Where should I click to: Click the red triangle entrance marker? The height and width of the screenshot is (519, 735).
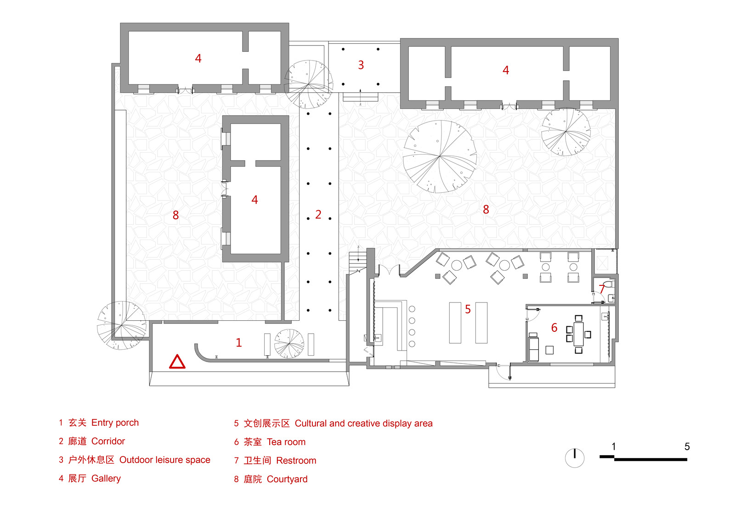tap(177, 362)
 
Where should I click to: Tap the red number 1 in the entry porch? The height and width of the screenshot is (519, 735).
tap(238, 342)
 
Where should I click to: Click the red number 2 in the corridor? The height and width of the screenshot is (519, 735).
tap(318, 214)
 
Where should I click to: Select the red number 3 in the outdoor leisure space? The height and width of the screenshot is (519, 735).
tap(361, 65)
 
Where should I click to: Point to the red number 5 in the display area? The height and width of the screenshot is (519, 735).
tap(468, 309)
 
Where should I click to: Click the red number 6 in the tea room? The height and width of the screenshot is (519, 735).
tap(554, 328)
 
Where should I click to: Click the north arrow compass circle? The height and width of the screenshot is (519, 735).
tap(574, 458)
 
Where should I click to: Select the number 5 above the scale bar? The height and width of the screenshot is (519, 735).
tap(687, 446)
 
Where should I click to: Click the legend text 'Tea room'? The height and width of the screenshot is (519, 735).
tap(286, 442)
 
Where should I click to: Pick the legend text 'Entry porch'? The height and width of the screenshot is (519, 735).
tap(115, 423)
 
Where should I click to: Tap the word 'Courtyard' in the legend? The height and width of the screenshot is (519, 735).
tap(287, 479)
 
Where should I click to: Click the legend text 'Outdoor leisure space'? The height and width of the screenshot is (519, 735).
tap(164, 460)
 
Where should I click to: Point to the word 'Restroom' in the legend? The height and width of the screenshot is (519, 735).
tap(296, 460)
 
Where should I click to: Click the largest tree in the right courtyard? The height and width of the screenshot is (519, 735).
tap(440, 156)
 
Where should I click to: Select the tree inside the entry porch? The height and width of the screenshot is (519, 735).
tap(289, 344)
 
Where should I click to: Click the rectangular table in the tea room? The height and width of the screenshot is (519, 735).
tap(578, 334)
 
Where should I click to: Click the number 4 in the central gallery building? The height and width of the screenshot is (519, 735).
tap(254, 200)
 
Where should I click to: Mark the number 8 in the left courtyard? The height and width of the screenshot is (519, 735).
tap(175, 215)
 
